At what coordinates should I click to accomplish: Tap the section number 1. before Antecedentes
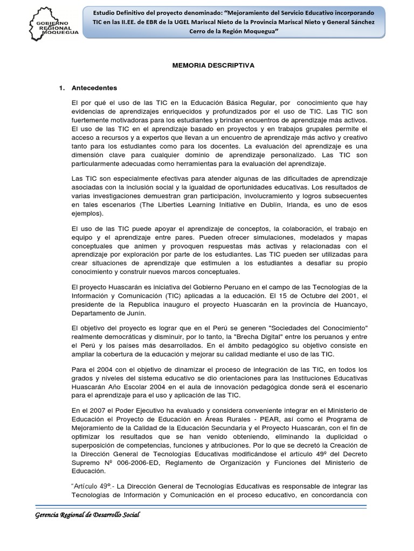pos(61,88)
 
